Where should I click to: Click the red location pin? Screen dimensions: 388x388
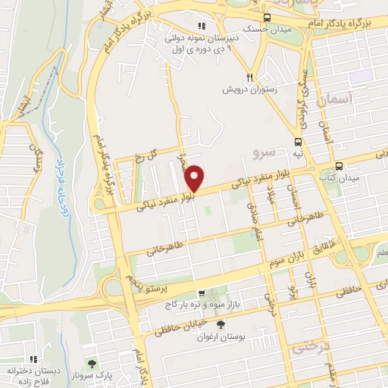click(195, 177)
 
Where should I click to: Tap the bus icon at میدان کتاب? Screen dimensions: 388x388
click(339, 165)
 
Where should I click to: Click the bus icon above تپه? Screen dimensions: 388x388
click(298, 141)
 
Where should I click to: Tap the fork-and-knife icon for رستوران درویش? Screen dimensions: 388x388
click(249, 77)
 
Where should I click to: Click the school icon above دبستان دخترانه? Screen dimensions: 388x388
click(33, 359)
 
